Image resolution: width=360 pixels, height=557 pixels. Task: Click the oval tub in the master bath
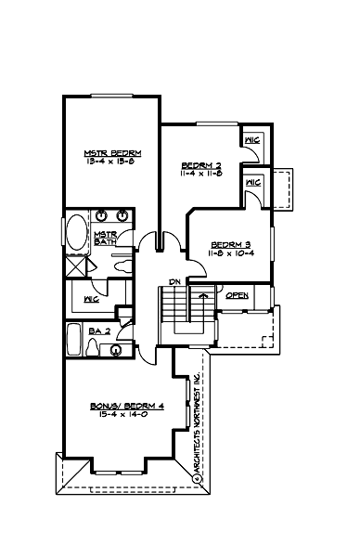[74, 233]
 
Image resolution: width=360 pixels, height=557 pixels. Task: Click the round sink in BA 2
[115, 350]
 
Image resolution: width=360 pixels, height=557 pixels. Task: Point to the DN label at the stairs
[173, 281]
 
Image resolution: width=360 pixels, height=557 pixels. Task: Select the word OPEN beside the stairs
[238, 296]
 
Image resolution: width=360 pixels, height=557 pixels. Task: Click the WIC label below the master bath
[90, 300]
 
